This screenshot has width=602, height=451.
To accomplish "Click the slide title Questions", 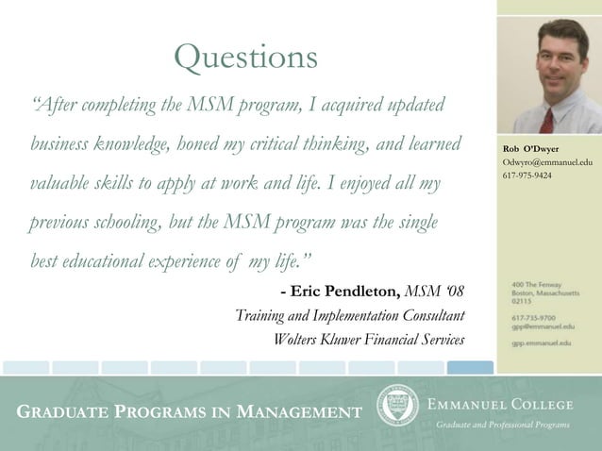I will point(246,59).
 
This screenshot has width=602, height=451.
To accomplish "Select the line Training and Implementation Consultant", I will point(349,315).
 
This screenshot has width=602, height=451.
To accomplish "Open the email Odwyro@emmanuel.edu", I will point(547,163).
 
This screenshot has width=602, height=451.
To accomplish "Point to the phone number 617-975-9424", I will point(527,176).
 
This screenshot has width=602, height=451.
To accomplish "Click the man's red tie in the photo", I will point(546,118).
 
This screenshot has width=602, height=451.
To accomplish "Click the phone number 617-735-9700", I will point(533,318).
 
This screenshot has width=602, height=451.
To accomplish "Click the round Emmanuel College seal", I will point(396,406).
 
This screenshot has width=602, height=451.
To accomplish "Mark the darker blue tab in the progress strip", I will point(470,367).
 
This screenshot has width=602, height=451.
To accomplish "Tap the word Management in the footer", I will point(298,412).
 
